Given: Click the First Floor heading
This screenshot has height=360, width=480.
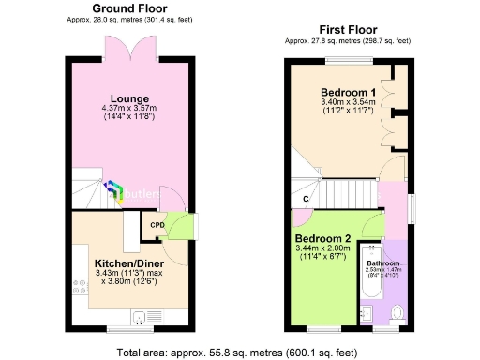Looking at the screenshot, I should click(348, 29).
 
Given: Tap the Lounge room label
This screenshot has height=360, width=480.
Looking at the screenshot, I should click(130, 98).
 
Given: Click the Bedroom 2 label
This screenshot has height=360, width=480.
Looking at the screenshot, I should click(322, 238).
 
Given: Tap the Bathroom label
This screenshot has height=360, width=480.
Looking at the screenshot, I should click(383, 263).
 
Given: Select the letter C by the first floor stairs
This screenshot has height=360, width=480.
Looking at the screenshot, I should click(306, 199).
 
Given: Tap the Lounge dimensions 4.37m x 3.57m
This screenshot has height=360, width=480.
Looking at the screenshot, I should click(130, 109).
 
